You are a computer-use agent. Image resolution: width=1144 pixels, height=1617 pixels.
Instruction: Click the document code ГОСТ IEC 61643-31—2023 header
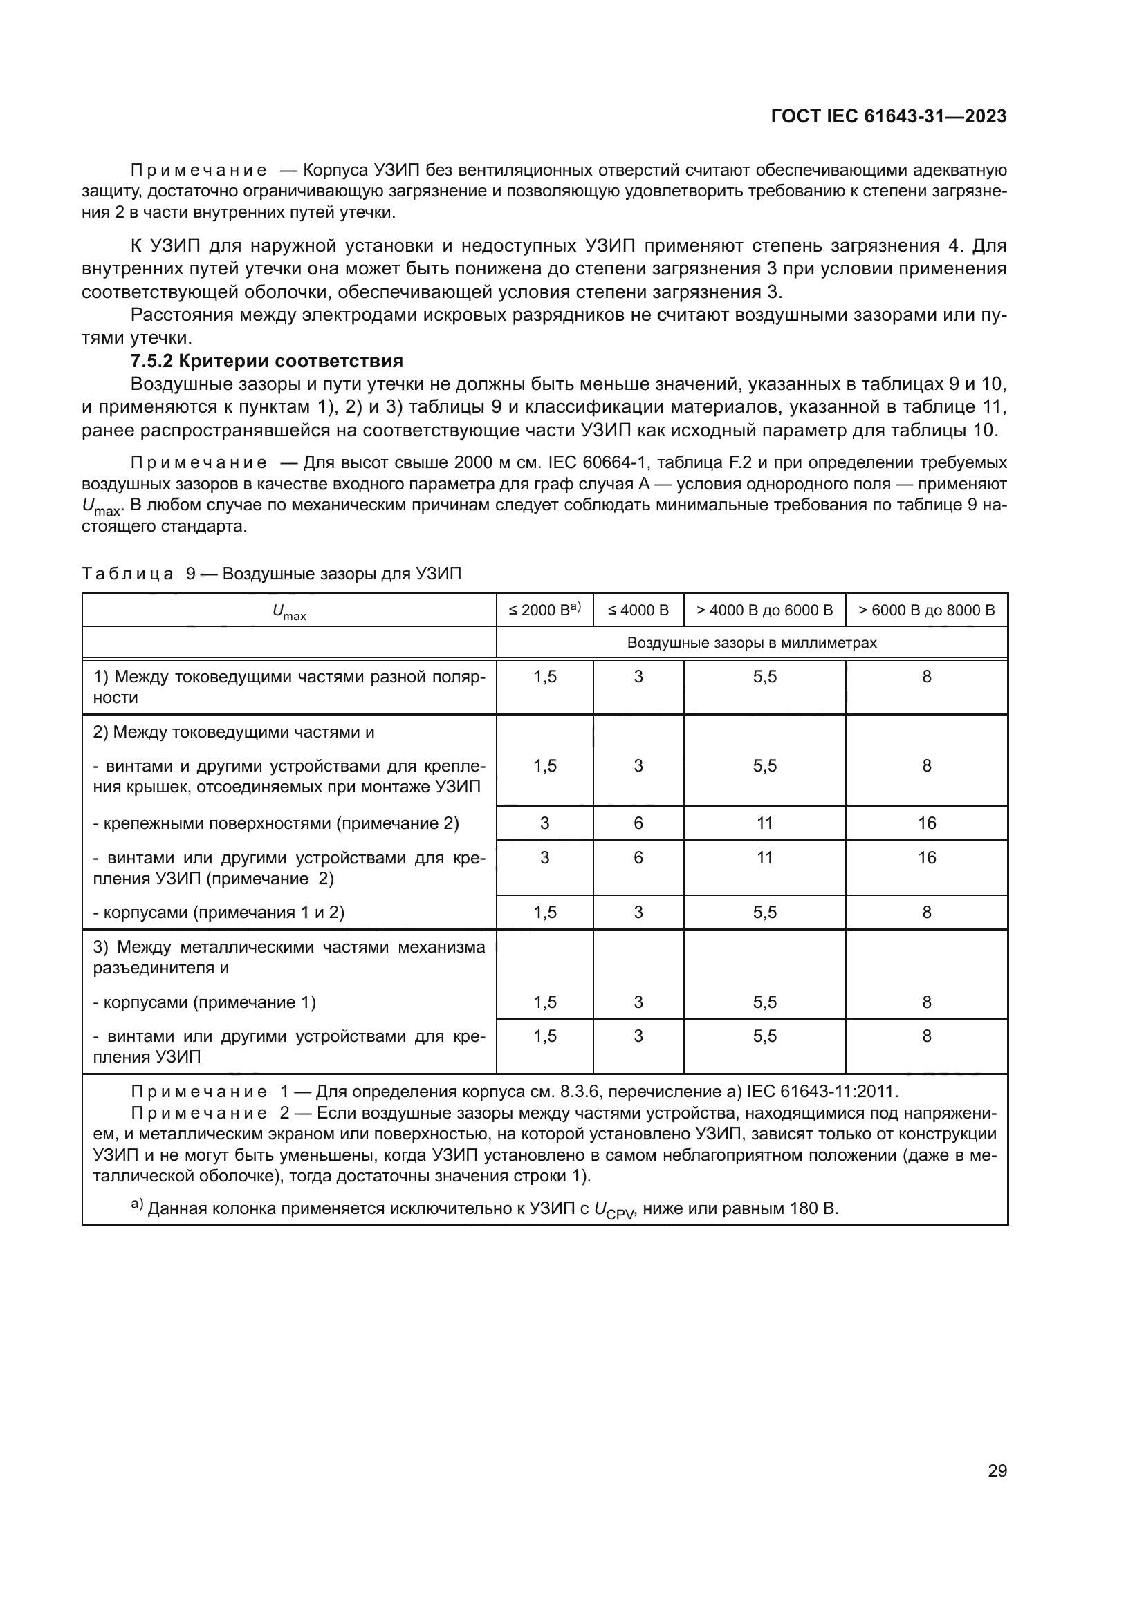pos(888,117)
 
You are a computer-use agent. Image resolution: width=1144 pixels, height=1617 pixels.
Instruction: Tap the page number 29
pos(997,1470)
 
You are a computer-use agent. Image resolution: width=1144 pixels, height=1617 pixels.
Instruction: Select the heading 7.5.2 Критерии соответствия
pos(267,362)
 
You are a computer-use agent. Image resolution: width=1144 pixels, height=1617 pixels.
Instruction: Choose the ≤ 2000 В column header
pos(544,610)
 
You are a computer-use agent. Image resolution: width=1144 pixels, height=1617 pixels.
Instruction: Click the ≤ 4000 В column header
pos(638,610)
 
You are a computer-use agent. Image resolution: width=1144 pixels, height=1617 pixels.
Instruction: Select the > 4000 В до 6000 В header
pos(764,610)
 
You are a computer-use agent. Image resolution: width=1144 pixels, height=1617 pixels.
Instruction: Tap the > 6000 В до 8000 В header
pos(926,610)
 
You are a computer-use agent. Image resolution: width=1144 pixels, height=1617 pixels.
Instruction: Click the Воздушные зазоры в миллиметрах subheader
pos(752,643)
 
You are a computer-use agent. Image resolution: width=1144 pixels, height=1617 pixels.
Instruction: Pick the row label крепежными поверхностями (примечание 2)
pos(275,823)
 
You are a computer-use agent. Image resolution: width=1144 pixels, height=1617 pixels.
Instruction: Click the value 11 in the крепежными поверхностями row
pos(764,823)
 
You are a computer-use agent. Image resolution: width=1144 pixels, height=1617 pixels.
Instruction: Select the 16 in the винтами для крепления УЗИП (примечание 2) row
pos(926,858)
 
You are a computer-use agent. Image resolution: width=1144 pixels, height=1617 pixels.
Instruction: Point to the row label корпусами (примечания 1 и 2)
pos(219,913)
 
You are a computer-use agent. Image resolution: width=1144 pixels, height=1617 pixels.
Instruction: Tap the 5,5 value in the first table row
pos(764,677)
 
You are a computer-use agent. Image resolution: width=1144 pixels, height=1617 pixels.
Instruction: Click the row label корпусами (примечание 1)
pos(204,1002)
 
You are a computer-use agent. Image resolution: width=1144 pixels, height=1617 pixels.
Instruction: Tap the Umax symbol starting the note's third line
pos(102,507)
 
